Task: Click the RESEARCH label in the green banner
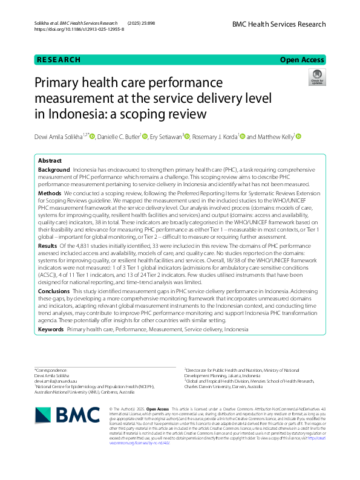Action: (59, 60)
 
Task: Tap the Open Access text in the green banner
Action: (303, 60)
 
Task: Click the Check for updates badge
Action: (317, 77)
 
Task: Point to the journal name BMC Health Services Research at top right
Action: (278, 25)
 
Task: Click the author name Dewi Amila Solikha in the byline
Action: (60, 137)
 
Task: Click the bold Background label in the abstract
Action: (53, 171)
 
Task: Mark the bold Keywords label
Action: (51, 329)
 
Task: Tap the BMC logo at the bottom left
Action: (67, 415)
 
